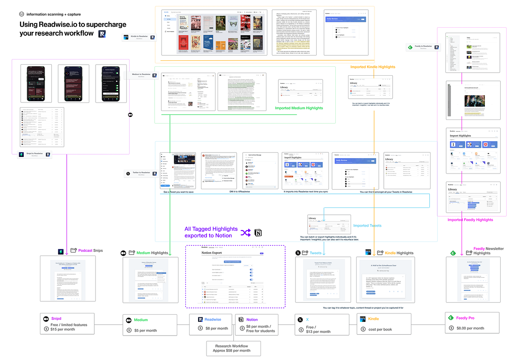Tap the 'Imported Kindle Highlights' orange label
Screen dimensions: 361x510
tap(372, 67)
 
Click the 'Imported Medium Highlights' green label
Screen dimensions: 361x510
tap(299, 108)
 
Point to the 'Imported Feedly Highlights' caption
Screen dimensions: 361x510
tap(470, 220)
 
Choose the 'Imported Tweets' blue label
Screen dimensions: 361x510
tap(367, 225)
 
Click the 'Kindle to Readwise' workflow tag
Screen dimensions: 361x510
tap(139, 38)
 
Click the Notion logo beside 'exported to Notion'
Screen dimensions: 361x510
tap(258, 233)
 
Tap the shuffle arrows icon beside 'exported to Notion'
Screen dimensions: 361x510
tap(245, 233)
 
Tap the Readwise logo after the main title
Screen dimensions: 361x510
tap(102, 34)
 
